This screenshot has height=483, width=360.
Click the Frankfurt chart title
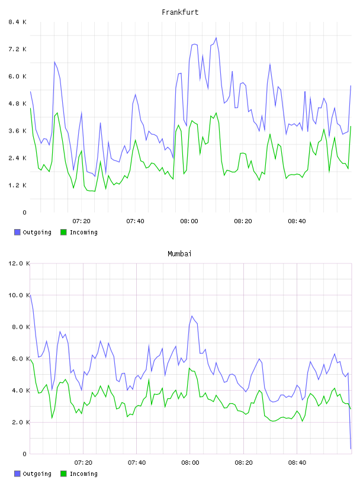(x=180, y=12)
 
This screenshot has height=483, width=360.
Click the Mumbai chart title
(x=179, y=254)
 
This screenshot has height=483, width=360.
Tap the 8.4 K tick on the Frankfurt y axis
(x=18, y=22)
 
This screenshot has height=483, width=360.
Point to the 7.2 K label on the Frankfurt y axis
(x=18, y=49)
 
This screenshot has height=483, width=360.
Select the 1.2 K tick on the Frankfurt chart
(x=18, y=185)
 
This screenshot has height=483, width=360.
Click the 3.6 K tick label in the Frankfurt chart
(x=18, y=131)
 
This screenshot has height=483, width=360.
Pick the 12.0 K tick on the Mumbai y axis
(x=19, y=263)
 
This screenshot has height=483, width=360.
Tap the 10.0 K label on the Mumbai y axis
(x=19, y=295)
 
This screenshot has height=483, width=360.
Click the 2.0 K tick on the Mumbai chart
(x=21, y=422)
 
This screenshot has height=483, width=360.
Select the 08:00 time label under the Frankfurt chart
(x=189, y=221)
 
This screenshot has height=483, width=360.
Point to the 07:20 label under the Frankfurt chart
(x=81, y=221)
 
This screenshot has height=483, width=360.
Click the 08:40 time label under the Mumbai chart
(x=297, y=463)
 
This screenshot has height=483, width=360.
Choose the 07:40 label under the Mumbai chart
(x=137, y=463)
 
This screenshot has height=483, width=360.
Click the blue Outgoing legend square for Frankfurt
(x=17, y=232)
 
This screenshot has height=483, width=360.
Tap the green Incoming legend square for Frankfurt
(x=63, y=232)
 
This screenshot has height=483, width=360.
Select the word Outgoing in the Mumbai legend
(x=37, y=474)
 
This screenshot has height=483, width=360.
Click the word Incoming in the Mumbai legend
(x=83, y=474)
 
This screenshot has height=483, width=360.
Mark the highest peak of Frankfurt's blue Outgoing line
(x=216, y=37)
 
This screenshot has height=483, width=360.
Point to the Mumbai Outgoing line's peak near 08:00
(x=192, y=315)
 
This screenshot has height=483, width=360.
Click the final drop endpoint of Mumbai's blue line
(x=351, y=449)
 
